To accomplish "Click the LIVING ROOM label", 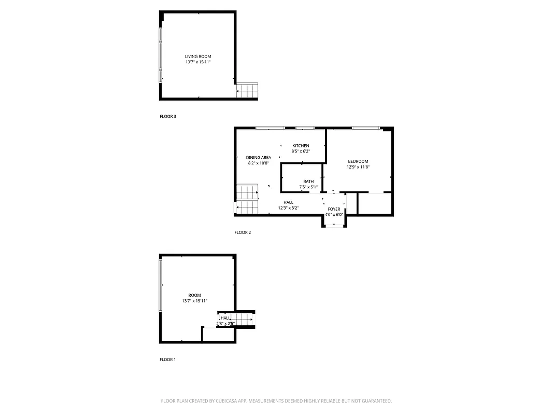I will tap(198, 56).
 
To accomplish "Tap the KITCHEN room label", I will tap(301, 146).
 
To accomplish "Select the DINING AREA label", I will tap(258, 157).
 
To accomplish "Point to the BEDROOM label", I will tap(358, 161).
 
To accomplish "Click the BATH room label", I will tap(308, 182).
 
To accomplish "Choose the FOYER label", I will tap(334, 209).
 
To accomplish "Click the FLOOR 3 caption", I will tap(168, 117).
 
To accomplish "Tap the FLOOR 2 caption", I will tap(243, 232).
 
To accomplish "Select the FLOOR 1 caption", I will tap(167, 359).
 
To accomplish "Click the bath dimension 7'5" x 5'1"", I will tap(308, 187).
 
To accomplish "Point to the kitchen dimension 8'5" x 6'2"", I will tap(301, 151).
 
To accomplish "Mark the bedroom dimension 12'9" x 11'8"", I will tap(358, 167).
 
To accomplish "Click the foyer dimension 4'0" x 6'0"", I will tap(334, 215).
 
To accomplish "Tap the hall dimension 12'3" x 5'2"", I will tap(288, 208).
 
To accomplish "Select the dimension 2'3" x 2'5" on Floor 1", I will tap(225, 324).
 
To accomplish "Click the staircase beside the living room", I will tap(247, 91).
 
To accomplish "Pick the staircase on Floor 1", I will tap(242, 317).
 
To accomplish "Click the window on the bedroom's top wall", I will tap(365, 128).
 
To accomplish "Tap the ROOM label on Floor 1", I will tap(194, 295).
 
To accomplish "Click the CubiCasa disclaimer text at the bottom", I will tap(276, 401).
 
